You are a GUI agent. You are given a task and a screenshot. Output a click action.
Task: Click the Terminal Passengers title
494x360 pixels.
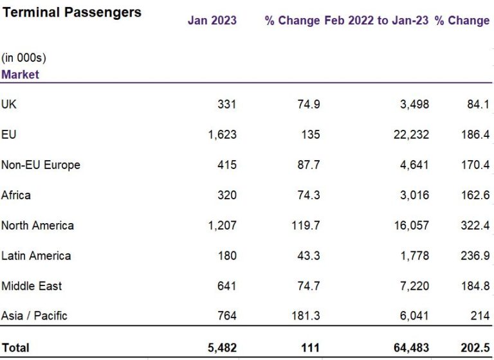point(71,12)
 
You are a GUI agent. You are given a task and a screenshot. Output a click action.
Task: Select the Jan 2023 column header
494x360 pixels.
point(212,21)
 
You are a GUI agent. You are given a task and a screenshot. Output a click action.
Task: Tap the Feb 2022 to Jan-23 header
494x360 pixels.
point(376,21)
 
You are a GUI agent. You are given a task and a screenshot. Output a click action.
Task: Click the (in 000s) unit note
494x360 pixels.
point(24,58)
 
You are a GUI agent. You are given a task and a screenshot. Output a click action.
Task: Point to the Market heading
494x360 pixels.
point(20,74)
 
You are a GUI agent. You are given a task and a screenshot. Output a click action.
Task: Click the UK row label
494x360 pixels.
point(10,104)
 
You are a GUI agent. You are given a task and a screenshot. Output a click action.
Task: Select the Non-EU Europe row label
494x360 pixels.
point(41,165)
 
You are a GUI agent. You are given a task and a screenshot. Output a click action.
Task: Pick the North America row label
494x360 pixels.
point(37,225)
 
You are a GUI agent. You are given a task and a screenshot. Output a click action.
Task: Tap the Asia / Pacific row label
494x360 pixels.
point(34,316)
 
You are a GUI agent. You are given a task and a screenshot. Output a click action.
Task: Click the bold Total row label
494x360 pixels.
point(15,348)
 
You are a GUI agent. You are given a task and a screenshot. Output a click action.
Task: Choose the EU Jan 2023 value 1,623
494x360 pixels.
point(223,134)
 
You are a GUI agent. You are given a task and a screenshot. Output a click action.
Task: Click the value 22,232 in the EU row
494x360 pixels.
point(411,134)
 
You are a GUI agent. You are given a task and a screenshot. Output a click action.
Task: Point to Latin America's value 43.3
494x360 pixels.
point(307,255)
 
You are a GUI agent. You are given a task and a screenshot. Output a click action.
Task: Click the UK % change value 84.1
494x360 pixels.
point(477,104)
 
